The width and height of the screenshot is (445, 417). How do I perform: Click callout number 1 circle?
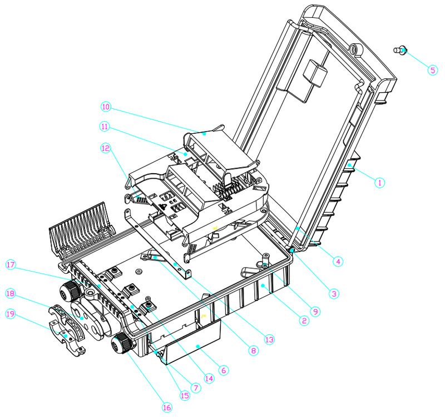pyautogui.click(x=379, y=182)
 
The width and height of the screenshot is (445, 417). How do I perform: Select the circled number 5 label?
pyautogui.click(x=433, y=70)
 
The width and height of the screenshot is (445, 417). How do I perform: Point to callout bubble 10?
pyautogui.click(x=106, y=106)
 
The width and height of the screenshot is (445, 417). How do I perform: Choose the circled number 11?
pyautogui.click(x=105, y=127)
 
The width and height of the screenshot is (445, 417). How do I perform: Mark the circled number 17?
pyautogui.click(x=10, y=265)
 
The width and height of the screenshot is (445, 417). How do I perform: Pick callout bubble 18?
pyautogui.click(x=10, y=293)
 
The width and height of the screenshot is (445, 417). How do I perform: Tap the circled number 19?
pyautogui.click(x=10, y=314)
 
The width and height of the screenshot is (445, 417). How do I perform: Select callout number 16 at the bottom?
pyautogui.click(x=166, y=407)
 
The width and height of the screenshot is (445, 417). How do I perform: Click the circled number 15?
pyautogui.click(x=184, y=395)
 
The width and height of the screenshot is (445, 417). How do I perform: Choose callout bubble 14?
pyautogui.click(x=209, y=379)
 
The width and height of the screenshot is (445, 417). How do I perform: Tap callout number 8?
pyautogui.click(x=253, y=350)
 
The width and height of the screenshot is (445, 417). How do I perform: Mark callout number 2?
pyautogui.click(x=303, y=320)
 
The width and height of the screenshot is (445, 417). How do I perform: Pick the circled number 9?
pyautogui.click(x=316, y=312)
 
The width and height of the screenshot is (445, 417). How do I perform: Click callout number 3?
pyautogui.click(x=333, y=293)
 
